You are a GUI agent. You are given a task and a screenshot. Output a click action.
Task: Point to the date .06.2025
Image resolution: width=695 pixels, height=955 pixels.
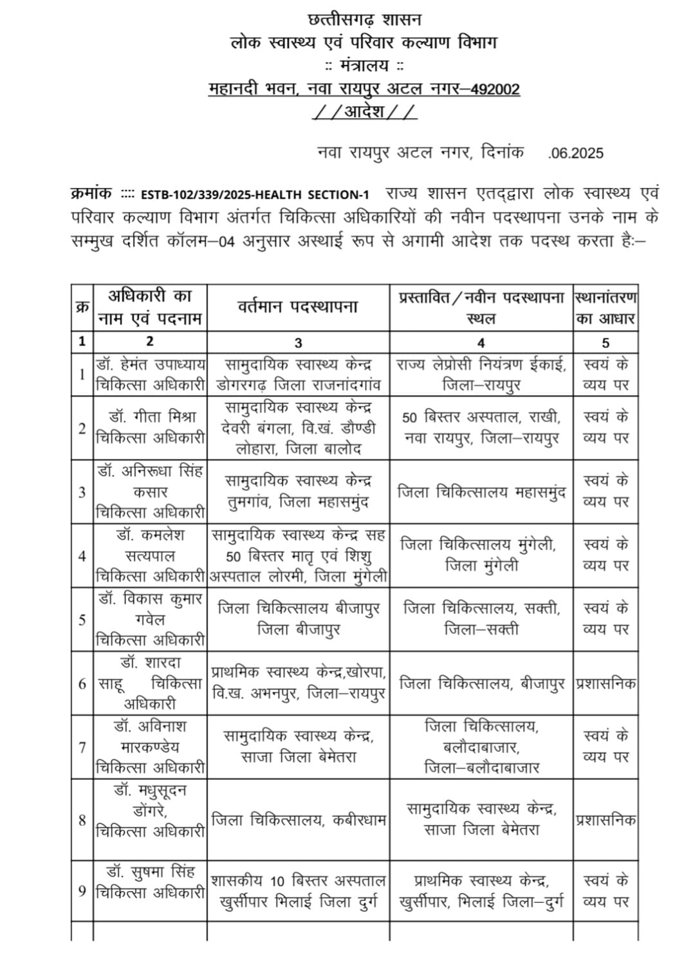[576, 153]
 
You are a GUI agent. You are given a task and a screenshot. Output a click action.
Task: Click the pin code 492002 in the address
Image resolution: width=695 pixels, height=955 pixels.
[494, 89]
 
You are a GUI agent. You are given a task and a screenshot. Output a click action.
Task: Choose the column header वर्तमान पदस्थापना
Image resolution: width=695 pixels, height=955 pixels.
[297, 307]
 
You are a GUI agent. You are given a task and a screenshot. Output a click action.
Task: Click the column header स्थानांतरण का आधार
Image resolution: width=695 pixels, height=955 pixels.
[605, 308]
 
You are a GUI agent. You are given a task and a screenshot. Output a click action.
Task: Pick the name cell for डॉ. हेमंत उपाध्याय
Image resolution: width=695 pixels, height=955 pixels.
[150, 375]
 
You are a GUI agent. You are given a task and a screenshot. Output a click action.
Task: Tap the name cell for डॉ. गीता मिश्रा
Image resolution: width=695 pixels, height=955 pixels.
[150, 427]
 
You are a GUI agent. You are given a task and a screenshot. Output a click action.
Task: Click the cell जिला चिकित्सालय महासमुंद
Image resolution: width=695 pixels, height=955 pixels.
[481, 492]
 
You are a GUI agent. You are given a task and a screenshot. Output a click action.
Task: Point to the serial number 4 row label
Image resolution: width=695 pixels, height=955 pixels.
[82, 555]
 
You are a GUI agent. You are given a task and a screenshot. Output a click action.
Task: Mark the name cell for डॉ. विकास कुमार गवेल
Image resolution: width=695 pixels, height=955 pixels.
[150, 619]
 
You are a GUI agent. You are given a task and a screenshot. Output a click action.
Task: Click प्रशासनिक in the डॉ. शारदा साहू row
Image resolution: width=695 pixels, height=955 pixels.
[606, 683]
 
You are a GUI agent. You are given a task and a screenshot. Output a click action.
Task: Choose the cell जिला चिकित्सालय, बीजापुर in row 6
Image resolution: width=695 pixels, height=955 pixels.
[481, 683]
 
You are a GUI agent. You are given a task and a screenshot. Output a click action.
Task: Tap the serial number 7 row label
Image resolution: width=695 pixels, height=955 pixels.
[82, 747]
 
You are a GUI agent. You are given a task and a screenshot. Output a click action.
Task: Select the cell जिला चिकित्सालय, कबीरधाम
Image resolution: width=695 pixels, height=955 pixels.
[297, 820]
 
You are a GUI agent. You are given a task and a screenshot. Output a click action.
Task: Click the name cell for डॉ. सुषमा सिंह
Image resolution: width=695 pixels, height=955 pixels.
[150, 882]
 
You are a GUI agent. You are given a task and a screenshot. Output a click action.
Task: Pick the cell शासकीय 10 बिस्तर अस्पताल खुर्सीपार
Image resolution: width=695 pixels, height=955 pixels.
[297, 891]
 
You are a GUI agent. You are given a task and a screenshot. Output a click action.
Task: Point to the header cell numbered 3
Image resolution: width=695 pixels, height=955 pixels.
[297, 342]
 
